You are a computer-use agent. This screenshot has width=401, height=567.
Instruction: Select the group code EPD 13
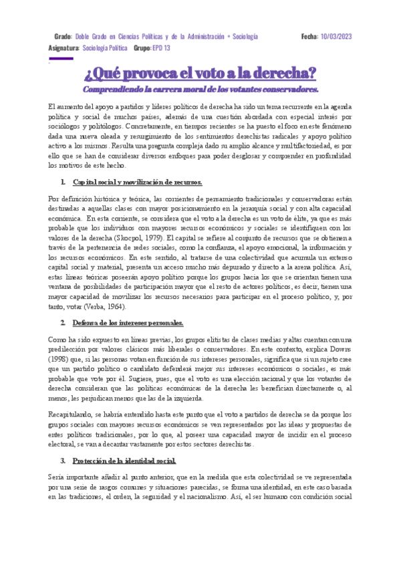pyautogui.click(x=161, y=48)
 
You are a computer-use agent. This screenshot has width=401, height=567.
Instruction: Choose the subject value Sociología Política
pyautogui.click(x=106, y=48)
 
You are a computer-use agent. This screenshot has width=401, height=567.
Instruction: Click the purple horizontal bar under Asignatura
pyautogui.click(x=61, y=58)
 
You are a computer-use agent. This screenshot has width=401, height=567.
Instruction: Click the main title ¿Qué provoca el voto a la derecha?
pyautogui.click(x=200, y=72)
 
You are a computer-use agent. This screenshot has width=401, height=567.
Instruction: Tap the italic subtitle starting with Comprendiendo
pyautogui.click(x=200, y=88)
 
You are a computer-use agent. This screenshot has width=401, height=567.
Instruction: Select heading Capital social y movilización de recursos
pyautogui.click(x=137, y=182)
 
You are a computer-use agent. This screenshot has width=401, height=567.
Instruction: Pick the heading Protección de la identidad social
pyautogui.click(x=124, y=461)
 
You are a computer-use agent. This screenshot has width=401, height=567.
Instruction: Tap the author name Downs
pyautogui.click(x=340, y=349)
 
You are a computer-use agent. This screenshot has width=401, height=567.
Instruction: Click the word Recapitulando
pyautogui.click(x=73, y=415)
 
